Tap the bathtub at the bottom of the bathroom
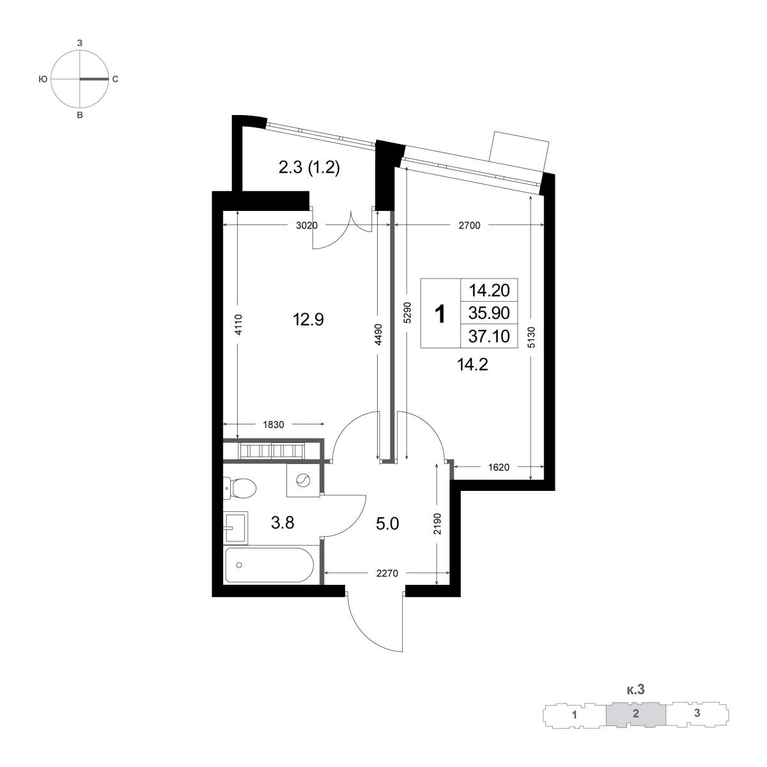tap(270, 565)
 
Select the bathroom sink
tap(236, 527)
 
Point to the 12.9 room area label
tap(308, 319)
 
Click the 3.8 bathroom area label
tap(283, 523)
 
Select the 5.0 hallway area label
tap(387, 524)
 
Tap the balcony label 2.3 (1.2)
tap(309, 168)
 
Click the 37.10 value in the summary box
tap(489, 336)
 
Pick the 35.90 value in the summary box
tap(489, 313)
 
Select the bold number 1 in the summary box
tap(440, 314)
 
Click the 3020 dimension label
tap(307, 226)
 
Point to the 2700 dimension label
tap(470, 226)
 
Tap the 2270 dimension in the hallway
tap(387, 573)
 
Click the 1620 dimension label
tap(499, 467)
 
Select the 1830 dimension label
tap(274, 424)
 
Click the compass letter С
tap(115, 80)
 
